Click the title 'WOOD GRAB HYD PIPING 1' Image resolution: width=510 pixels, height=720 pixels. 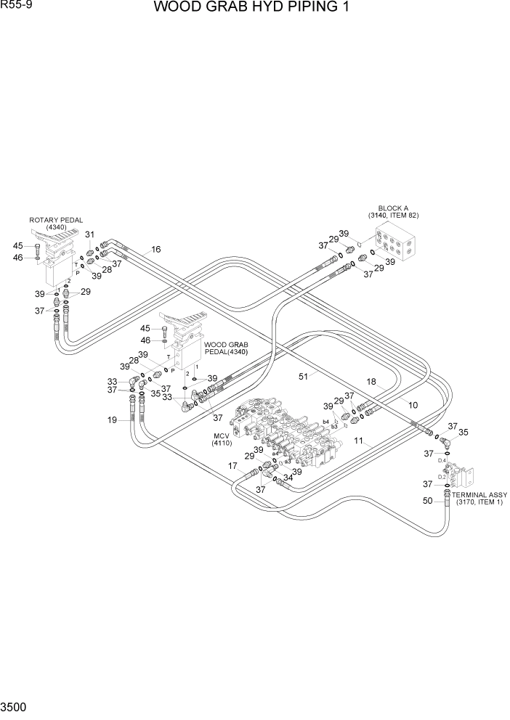coord(254,9)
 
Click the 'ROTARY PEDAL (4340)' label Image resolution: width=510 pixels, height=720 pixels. coord(56,224)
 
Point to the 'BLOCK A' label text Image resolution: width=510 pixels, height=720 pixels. coord(392,208)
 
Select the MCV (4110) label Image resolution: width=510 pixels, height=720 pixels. coord(221,439)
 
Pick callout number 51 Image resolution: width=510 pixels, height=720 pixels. coord(304,377)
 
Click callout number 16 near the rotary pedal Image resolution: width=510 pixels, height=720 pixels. coord(155,249)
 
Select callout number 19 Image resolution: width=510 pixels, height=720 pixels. coord(113,420)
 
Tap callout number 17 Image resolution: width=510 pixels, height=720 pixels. coord(232,465)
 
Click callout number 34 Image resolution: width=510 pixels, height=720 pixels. coord(288,478)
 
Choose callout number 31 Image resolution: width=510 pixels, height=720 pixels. coord(90,234)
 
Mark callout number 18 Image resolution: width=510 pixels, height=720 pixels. coord(371,382)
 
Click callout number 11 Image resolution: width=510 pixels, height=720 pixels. coord(357,441)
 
